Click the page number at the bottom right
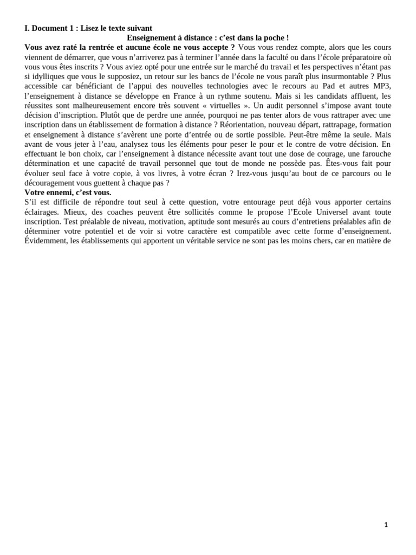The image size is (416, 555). pyautogui.click(x=386, y=525)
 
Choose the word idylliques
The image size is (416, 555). pyautogui.click(x=53, y=76)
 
